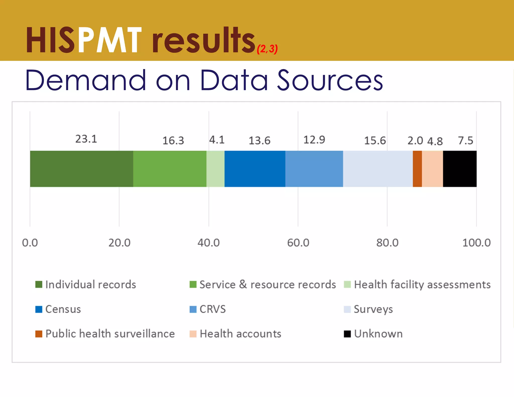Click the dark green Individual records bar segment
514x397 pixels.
tap(82, 169)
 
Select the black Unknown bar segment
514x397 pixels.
tap(460, 169)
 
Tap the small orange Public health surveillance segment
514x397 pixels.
tap(417, 169)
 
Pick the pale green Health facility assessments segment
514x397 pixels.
tap(215, 169)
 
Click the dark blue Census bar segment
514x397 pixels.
tap(255, 169)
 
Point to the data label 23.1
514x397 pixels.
tap(86, 139)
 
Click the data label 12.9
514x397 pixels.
tap(314, 140)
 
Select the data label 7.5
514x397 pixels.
tap(465, 141)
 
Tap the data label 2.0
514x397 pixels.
tap(415, 141)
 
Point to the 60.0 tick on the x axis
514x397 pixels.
tap(298, 243)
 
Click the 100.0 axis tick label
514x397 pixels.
tap(476, 243)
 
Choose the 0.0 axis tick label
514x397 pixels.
tap(30, 243)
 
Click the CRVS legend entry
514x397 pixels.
tap(212, 309)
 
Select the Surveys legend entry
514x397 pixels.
tap(373, 309)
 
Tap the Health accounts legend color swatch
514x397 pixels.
tap(193, 334)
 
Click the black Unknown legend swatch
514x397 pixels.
tap(347, 334)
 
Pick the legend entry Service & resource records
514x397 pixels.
tap(267, 285)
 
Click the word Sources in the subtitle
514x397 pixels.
tap(330, 80)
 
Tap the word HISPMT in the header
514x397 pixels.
tap(84, 40)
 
